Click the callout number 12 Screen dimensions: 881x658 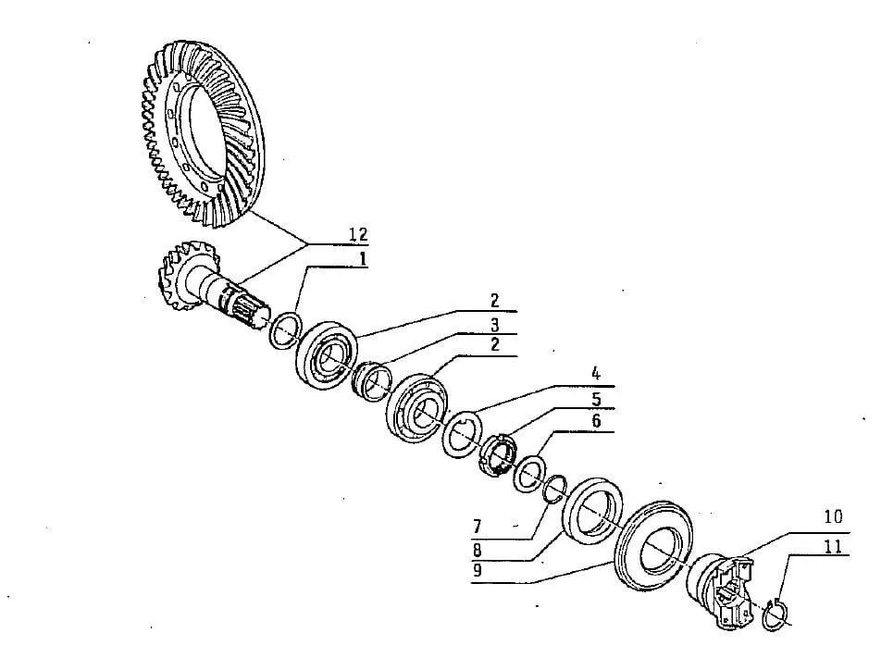point(358,234)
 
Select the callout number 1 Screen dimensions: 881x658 point(363,259)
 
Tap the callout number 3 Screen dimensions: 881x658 point(494,325)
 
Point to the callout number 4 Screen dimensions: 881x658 point(596,374)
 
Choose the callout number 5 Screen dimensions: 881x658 point(596,399)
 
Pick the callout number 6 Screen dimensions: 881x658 point(596,421)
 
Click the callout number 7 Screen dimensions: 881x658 point(477,527)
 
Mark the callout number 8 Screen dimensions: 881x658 point(477,549)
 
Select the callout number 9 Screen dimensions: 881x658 point(478,571)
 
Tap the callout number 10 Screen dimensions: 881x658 point(834,516)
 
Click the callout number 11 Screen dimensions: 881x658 point(834,546)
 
